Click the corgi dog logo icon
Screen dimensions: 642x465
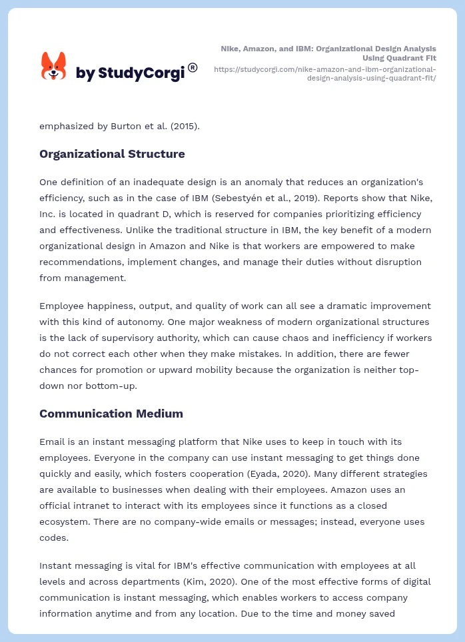53,67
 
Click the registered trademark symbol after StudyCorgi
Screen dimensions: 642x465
193,67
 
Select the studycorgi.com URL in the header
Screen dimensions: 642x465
325,73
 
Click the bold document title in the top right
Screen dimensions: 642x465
328,53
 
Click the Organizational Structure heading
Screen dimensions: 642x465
112,154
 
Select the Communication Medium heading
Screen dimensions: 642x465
111,414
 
